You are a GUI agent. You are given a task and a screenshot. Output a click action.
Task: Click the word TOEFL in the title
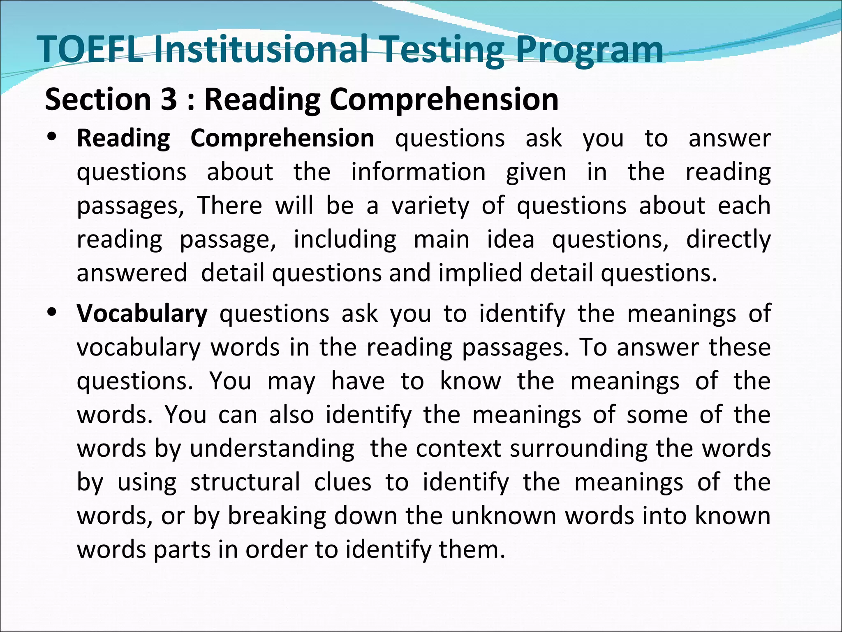coord(91,49)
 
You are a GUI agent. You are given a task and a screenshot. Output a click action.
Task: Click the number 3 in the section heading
coord(169,100)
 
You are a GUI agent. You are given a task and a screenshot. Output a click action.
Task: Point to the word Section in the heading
coord(98,100)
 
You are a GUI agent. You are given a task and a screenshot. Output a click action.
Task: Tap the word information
coord(418,172)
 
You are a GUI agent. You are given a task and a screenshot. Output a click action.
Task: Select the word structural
coord(245,483)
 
